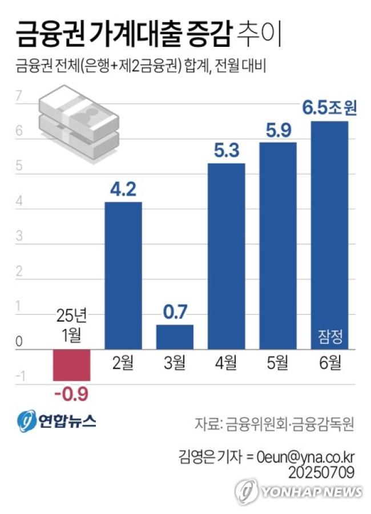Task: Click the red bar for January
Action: tap(71, 365)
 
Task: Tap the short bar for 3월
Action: tap(175, 337)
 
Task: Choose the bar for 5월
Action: tap(278, 245)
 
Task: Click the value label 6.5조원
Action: tap(329, 108)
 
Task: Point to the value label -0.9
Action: tap(71, 393)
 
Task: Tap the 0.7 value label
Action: tap(175, 313)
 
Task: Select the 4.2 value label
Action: tap(123, 189)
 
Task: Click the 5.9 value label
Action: tap(278, 130)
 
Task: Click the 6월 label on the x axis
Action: tap(329, 363)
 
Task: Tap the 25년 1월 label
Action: tap(71, 325)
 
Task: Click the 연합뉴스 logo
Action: tap(57, 422)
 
